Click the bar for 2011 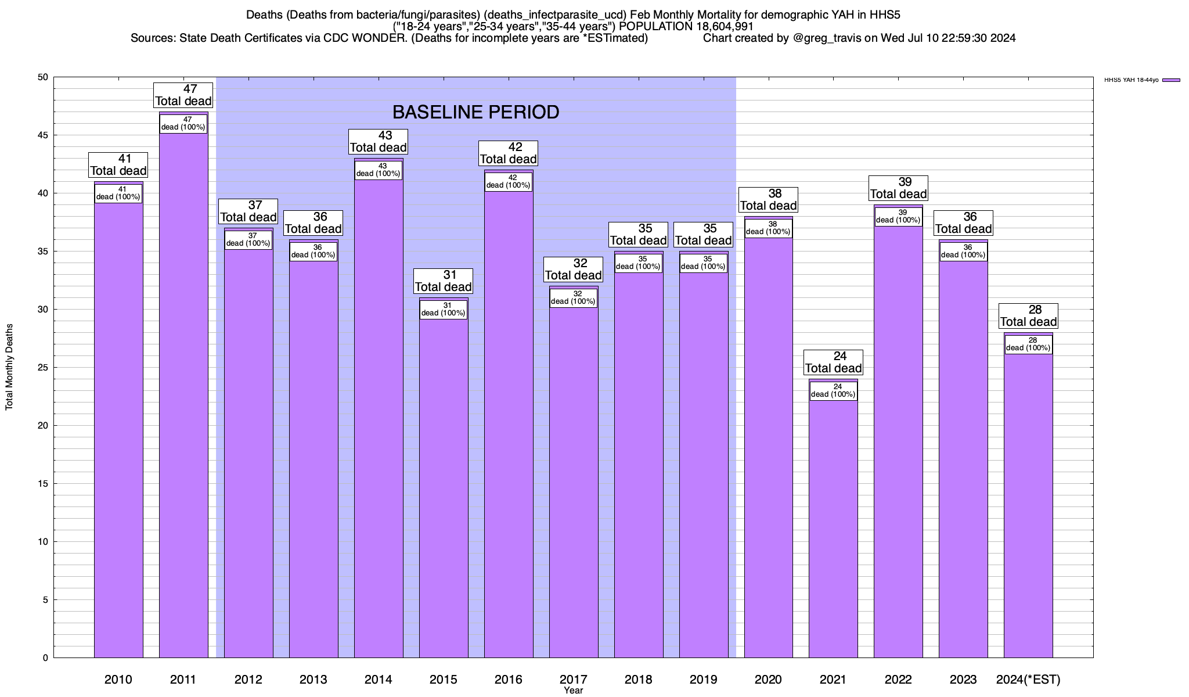click(183, 395)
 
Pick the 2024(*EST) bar click(1028, 505)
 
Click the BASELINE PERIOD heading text click(475, 112)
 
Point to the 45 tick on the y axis click(44, 135)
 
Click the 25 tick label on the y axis click(44, 368)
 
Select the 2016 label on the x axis click(508, 680)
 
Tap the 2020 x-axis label click(768, 680)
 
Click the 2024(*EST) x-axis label click(1028, 680)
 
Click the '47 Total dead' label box click(183, 95)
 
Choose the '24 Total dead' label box click(833, 362)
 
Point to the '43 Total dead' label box click(379, 142)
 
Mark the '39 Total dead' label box click(898, 188)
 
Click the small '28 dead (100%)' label click(1028, 344)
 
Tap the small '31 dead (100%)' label click(444, 310)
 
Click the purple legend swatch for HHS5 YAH click(1171, 80)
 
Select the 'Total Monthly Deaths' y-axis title click(9, 367)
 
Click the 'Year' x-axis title click(573, 691)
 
